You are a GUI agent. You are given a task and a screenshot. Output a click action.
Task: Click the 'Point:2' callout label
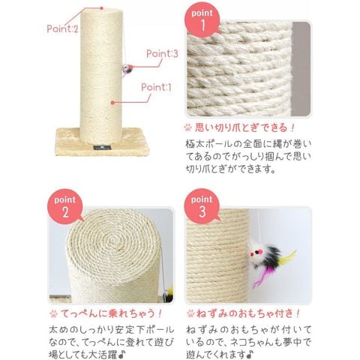(62, 28)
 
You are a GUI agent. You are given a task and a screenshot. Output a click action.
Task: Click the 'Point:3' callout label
(162, 53)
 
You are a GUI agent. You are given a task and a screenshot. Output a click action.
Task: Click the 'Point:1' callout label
(156, 87)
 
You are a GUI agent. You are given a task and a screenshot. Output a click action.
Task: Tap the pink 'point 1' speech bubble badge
(202, 20)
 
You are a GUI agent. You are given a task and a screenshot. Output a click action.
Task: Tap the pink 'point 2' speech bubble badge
(65, 206)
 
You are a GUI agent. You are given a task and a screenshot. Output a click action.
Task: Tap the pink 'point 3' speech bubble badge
(202, 205)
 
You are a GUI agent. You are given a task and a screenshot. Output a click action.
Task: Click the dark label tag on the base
(102, 147)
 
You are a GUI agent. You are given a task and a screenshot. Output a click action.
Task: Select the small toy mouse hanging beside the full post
(127, 69)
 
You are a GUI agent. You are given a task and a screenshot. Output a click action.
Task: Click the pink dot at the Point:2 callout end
(101, 8)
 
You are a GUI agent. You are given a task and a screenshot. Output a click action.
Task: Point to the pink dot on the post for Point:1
(112, 103)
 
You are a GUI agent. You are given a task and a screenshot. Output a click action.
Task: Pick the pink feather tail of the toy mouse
(260, 277)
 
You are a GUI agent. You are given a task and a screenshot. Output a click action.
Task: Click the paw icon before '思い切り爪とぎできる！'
(188, 127)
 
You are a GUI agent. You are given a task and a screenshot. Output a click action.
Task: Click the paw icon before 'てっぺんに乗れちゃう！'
(53, 313)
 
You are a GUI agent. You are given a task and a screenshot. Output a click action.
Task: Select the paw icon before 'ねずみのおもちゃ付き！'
(190, 313)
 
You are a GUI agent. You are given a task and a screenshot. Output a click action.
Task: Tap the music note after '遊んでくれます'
(250, 354)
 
